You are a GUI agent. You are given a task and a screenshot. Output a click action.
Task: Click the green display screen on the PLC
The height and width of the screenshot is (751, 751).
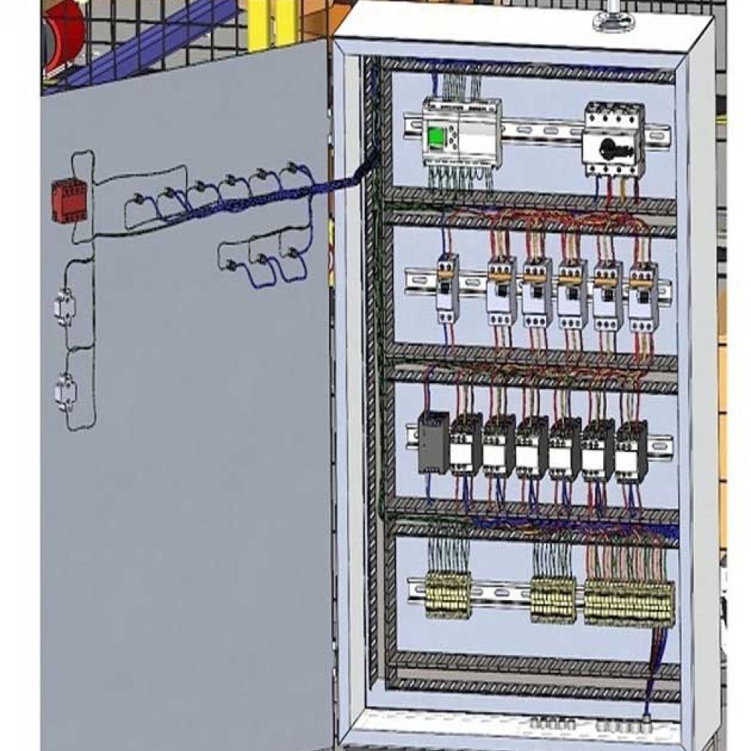pyautogui.click(x=436, y=137)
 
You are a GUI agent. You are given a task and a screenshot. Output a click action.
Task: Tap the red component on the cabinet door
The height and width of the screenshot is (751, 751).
pyautogui.click(x=69, y=202)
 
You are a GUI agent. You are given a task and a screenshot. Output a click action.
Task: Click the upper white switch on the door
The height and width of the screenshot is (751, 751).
pyautogui.click(x=65, y=307)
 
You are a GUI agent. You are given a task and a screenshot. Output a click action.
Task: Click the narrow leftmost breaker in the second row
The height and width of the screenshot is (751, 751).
pyautogui.click(x=448, y=288)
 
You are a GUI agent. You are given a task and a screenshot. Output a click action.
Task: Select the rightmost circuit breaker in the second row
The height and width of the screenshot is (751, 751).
pyautogui.click(x=643, y=297)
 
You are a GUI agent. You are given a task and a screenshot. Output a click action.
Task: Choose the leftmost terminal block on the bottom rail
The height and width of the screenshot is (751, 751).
pyautogui.click(x=448, y=595)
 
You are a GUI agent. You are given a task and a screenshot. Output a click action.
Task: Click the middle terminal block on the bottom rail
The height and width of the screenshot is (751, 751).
pyautogui.click(x=553, y=599)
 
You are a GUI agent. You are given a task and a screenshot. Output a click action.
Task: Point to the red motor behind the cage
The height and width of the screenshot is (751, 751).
pyautogui.click(x=63, y=34)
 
